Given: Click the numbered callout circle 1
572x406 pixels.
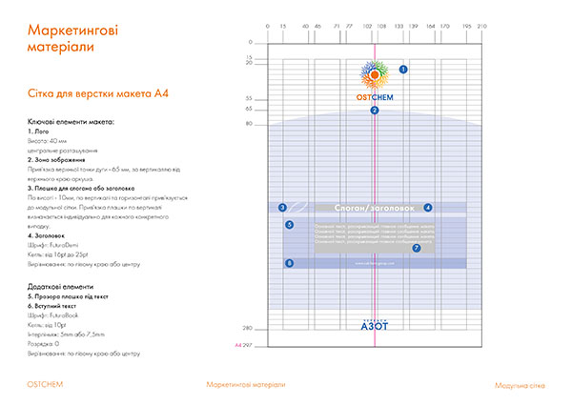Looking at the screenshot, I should [x=402, y=70].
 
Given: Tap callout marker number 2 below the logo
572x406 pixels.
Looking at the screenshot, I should [x=375, y=111].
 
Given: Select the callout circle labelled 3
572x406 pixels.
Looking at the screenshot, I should [x=282, y=207].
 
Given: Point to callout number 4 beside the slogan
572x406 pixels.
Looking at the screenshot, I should [x=428, y=207].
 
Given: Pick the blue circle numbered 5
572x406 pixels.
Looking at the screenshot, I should [x=290, y=225].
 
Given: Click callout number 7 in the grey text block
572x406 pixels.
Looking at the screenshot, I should [x=416, y=248].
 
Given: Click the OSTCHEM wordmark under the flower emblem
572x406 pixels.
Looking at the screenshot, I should [x=375, y=96].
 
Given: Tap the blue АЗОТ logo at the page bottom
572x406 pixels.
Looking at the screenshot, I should [x=375, y=325].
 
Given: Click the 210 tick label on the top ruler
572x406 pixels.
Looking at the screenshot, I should [x=481, y=27].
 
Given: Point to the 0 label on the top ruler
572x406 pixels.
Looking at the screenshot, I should [x=268, y=27].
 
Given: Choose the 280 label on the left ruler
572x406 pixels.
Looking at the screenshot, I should [x=247, y=328].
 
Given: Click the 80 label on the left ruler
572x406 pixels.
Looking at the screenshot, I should [x=248, y=124].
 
